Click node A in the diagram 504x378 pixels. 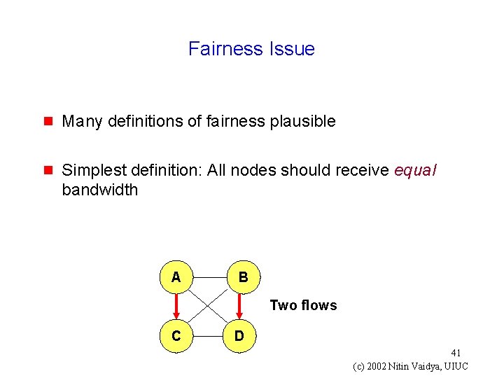176,277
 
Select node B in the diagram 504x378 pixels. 242,277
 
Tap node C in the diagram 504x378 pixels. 176,336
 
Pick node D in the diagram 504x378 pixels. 239,336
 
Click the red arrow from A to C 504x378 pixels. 176,305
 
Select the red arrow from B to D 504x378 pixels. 240,306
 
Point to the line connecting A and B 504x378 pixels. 209,277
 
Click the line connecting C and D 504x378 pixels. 207,336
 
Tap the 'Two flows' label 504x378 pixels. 303,305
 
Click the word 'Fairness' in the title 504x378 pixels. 225,49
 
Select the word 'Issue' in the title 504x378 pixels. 291,49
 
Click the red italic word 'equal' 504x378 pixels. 415,171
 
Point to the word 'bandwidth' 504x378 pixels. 100,190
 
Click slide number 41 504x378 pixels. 456,353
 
